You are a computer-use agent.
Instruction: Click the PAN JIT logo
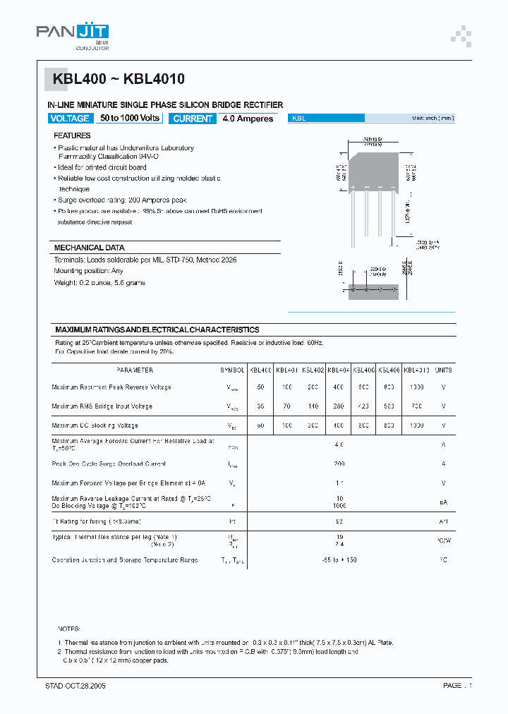(73, 32)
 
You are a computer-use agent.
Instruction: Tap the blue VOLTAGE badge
(70, 119)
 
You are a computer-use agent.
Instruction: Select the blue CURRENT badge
(193, 119)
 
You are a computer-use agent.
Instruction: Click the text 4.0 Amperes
(248, 119)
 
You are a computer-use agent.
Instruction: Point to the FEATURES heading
(72, 135)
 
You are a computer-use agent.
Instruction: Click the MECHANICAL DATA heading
(89, 248)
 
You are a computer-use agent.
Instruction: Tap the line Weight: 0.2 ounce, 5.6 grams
(99, 282)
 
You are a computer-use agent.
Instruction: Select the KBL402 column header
(313, 370)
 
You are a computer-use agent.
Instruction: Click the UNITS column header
(443, 370)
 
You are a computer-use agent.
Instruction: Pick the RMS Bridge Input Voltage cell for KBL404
(339, 406)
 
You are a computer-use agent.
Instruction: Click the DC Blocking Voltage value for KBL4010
(416, 425)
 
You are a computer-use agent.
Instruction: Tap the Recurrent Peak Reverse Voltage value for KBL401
(286, 387)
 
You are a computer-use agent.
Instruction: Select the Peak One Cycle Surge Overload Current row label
(108, 464)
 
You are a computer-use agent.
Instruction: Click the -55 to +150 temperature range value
(339, 560)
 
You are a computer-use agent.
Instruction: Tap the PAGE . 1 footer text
(457, 686)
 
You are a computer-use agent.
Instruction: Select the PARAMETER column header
(134, 370)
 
